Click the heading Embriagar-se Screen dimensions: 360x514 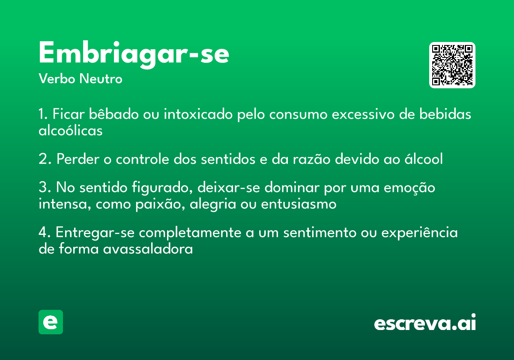[x=134, y=54]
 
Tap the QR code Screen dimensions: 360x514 [x=452, y=65]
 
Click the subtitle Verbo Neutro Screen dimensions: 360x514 [x=81, y=79]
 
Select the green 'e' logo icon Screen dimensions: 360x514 [x=51, y=322]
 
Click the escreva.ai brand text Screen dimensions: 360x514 [x=425, y=323]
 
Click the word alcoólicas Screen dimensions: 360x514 [x=71, y=130]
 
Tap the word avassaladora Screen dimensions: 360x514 [x=148, y=249]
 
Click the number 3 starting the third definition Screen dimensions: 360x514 [x=42, y=188]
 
